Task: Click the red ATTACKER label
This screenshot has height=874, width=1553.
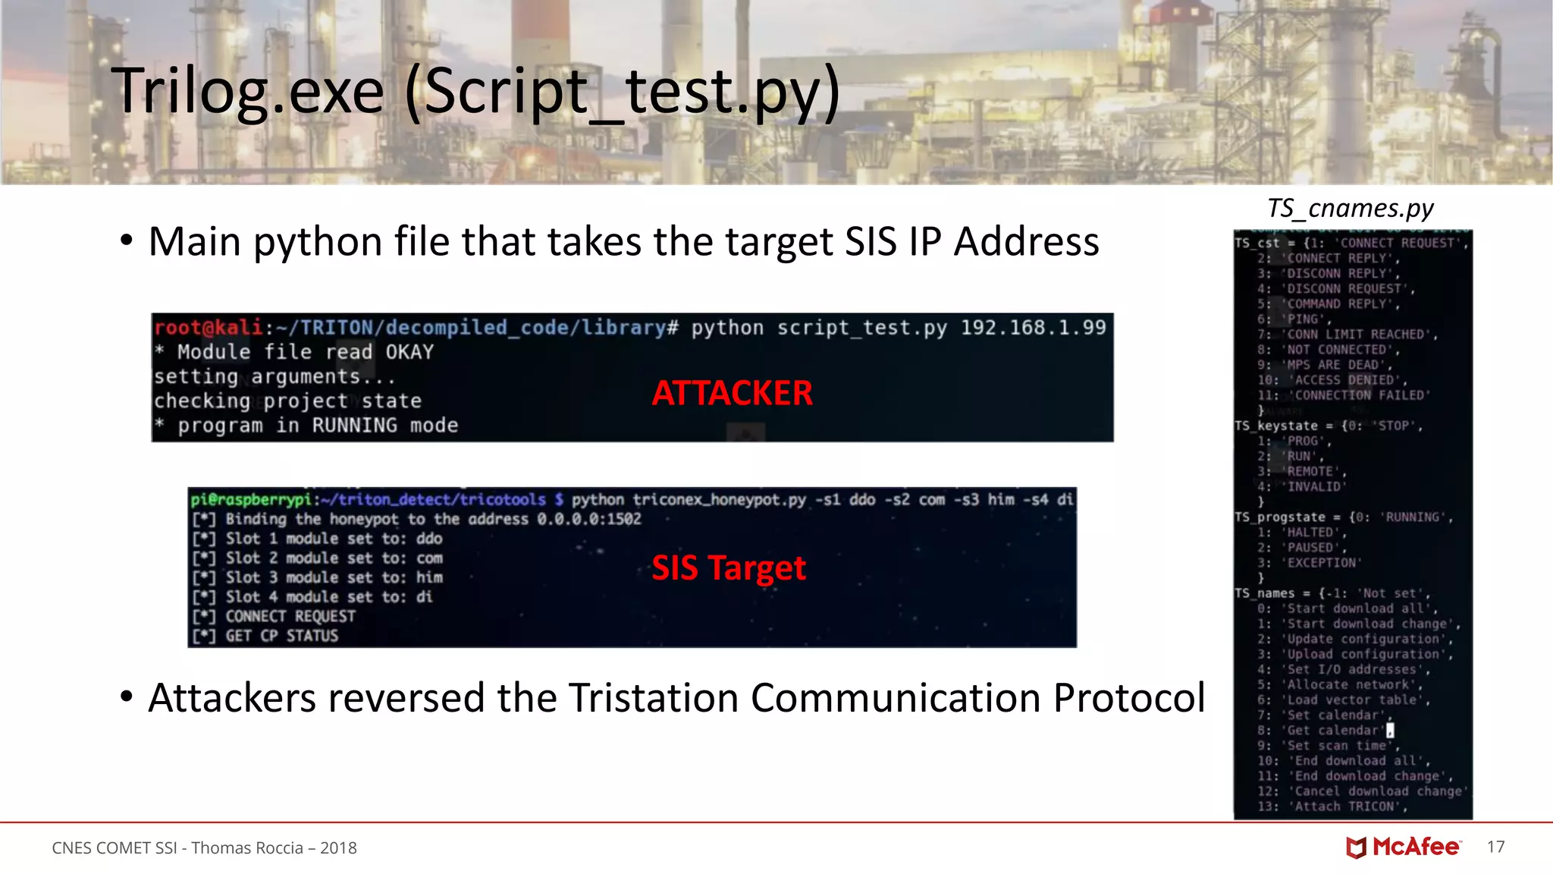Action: [x=732, y=393]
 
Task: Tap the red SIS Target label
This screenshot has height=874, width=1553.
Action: [x=728, y=567]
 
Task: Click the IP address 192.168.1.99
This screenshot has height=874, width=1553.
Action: [x=1033, y=328]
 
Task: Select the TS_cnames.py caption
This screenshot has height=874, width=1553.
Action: [x=1350, y=208]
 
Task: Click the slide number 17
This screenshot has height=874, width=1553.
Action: [x=1495, y=847]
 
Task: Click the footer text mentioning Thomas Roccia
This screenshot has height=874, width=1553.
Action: [x=204, y=847]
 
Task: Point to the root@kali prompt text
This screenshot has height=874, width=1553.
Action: [x=208, y=328]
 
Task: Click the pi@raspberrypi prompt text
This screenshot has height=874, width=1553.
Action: [x=251, y=499]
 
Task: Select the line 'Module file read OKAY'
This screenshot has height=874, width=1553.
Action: [x=305, y=352]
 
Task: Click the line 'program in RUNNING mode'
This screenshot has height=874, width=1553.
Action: [x=317, y=426]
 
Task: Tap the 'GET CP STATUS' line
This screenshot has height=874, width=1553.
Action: [x=281, y=636]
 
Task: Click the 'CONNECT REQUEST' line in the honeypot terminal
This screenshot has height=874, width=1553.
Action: [x=290, y=616]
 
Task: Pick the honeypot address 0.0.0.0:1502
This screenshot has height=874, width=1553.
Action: [x=588, y=519]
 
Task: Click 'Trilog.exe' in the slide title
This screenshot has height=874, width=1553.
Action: [x=249, y=91]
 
